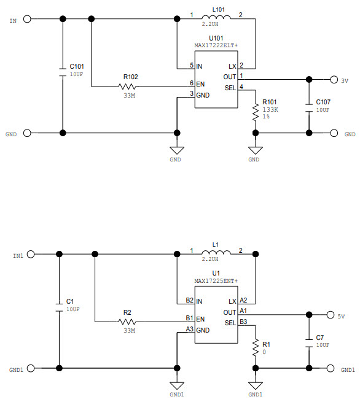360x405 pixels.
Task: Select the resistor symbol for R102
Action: [130, 87]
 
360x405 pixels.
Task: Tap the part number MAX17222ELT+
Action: [216, 45]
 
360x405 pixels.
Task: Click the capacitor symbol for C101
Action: [62, 71]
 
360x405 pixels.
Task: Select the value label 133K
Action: [270, 109]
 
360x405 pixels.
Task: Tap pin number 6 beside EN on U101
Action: [191, 83]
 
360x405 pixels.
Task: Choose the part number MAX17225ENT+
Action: [216, 281]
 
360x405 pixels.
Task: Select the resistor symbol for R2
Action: [128, 322]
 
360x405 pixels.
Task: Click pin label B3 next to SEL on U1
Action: [243, 322]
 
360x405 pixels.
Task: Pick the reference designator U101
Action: [216, 38]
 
